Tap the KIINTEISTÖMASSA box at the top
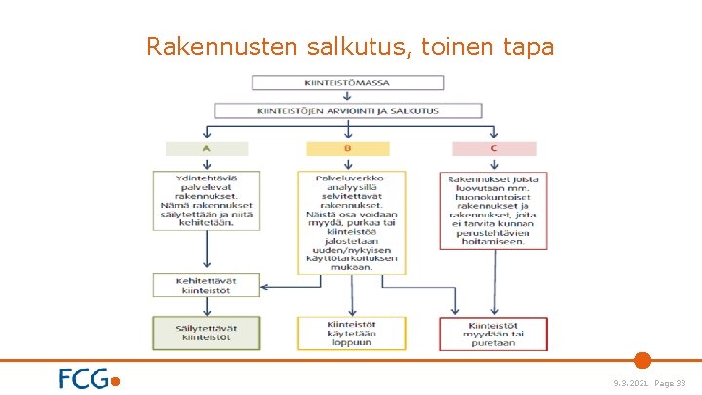pos(349,83)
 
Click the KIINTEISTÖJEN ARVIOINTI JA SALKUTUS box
pos(349,112)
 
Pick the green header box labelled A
pos(207,149)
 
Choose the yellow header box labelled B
pos(348,149)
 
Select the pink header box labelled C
pos(494,149)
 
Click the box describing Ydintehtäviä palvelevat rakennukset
pos(207,201)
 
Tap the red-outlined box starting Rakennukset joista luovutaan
pos(493,210)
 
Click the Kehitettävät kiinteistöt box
pos(207,286)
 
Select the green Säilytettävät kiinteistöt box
pos(207,333)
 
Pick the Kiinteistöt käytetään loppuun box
pos(348,333)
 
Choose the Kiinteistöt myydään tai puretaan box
pos(493,333)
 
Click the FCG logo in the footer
pos(89,378)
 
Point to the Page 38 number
pos(672,383)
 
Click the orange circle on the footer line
pos(642,360)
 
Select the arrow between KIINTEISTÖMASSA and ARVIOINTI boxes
pos(349,98)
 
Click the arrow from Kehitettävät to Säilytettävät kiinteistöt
pos(207,307)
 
